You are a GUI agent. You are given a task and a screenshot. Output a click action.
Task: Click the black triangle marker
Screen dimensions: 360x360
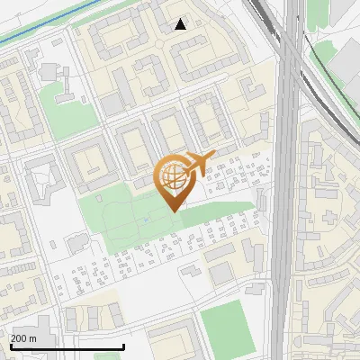[x=181, y=24]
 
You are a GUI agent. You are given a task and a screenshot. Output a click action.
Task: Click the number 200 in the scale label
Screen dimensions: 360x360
[x=20, y=338]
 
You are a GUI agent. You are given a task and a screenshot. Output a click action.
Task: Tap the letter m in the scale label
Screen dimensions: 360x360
[x=33, y=338]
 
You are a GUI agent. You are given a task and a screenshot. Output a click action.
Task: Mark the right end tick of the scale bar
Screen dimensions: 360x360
[x=123, y=346]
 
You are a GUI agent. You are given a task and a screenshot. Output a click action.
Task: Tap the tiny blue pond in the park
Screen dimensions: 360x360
[x=147, y=219]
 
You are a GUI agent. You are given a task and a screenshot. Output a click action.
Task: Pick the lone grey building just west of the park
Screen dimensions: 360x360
[x=76, y=242]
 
